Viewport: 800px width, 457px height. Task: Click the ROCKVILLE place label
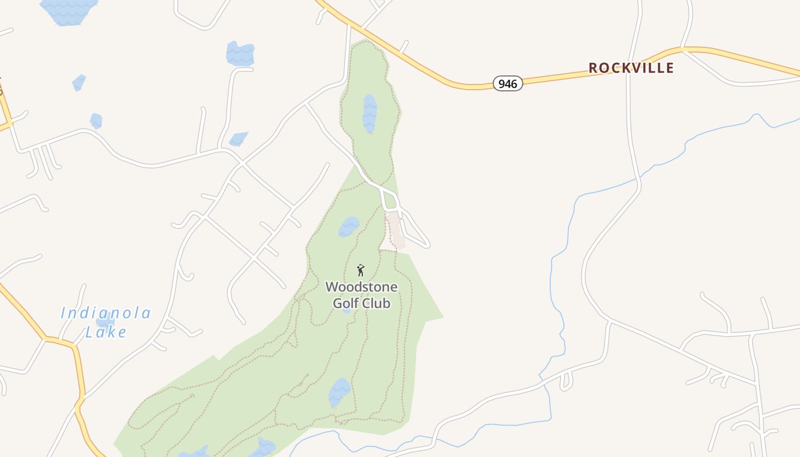[631, 68]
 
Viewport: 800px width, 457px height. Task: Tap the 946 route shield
[507, 84]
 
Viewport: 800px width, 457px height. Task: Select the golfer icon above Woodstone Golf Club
[361, 270]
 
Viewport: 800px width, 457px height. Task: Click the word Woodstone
[361, 287]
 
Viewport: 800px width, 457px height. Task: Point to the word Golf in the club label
[345, 303]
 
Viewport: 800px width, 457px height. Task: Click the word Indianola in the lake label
[106, 313]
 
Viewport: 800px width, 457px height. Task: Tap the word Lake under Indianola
[106, 332]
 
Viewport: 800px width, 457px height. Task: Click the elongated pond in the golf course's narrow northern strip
[370, 113]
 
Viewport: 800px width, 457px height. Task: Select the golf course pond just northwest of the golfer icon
[349, 227]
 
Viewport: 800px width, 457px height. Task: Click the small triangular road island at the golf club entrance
[390, 201]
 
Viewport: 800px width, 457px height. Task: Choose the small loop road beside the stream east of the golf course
[566, 380]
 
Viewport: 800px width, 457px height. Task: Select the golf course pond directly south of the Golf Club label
[339, 392]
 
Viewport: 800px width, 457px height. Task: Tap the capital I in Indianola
[63, 313]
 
